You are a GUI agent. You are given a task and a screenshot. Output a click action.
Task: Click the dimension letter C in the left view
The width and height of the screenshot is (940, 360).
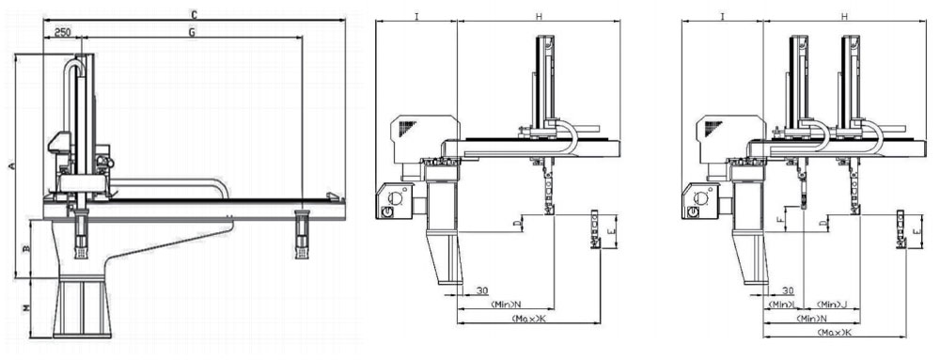[194, 15]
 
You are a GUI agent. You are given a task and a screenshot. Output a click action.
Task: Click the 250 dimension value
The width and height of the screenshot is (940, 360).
[63, 32]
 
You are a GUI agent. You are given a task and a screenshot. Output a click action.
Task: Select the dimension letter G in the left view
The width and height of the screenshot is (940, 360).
[191, 32]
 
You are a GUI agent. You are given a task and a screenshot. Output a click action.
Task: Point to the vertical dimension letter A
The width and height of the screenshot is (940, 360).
[11, 166]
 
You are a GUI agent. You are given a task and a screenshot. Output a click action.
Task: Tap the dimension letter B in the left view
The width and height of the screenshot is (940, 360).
[26, 249]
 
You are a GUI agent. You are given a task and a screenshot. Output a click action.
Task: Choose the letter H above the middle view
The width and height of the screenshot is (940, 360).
[539, 17]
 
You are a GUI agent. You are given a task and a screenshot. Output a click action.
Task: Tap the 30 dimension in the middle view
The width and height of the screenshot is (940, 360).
[481, 290]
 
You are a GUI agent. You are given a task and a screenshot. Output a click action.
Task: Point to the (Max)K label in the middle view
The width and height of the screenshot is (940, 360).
[525, 320]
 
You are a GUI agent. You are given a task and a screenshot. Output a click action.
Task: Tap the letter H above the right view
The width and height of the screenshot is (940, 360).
[844, 17]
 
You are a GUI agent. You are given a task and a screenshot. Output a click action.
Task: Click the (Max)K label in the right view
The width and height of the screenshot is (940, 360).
[835, 334]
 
